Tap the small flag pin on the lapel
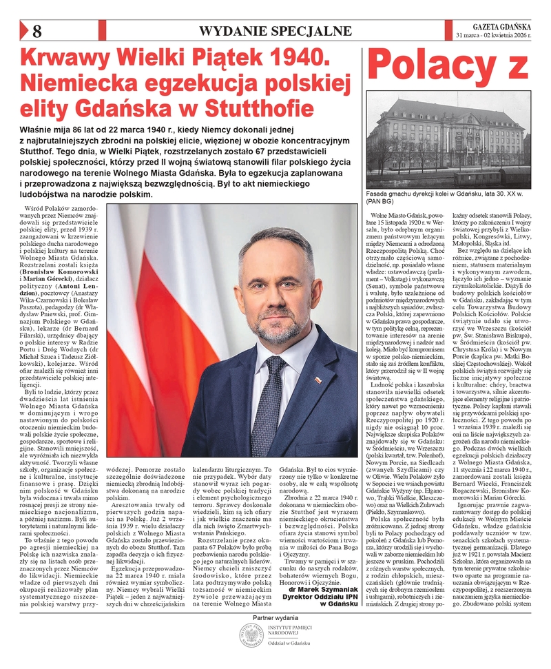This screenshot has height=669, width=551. [318, 380]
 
